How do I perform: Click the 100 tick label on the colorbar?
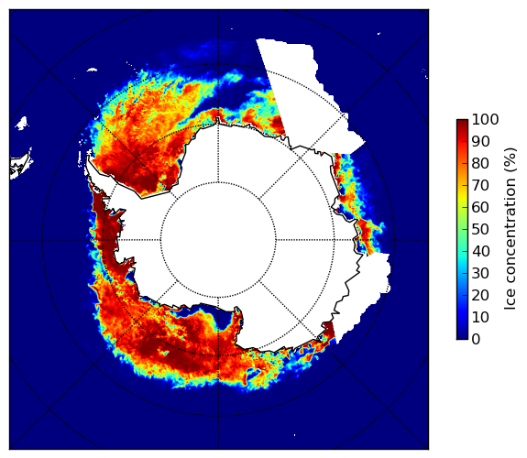[x=485, y=119]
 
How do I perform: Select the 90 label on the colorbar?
[x=480, y=141]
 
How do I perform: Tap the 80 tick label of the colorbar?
[x=480, y=163]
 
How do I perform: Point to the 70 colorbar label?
[x=480, y=185]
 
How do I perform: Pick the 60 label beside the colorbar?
[x=480, y=207]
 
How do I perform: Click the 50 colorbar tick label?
[x=480, y=229]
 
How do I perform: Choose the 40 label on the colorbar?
[x=480, y=251]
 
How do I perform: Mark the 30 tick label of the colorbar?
[x=480, y=273]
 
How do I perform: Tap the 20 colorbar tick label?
[x=480, y=295]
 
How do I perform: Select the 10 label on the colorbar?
[x=480, y=317]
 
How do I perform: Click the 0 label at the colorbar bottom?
[x=476, y=340]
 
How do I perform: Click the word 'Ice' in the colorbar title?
[x=511, y=301]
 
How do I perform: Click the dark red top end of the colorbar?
[x=462, y=123]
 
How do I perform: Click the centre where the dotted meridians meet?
[x=218, y=240]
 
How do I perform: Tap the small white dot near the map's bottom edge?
[x=295, y=435]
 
